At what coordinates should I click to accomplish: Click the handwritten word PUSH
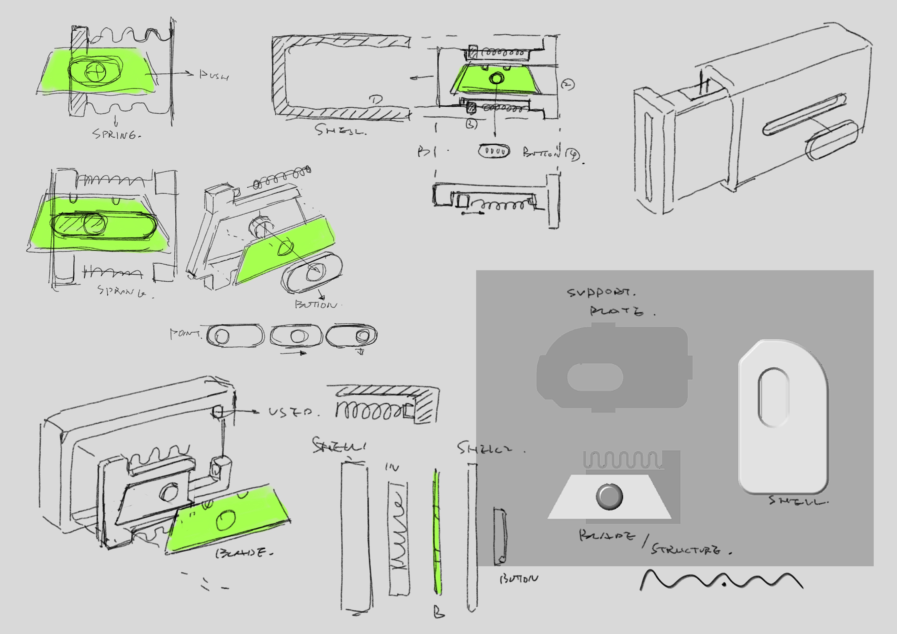214,75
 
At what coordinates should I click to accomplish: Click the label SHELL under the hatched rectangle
340,130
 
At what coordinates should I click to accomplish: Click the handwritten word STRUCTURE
686,550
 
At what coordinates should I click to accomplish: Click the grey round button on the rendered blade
609,496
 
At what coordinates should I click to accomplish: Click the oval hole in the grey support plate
595,377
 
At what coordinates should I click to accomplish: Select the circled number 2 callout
568,84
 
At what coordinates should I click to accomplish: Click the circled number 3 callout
471,124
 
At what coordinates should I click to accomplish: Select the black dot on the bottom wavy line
724,585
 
